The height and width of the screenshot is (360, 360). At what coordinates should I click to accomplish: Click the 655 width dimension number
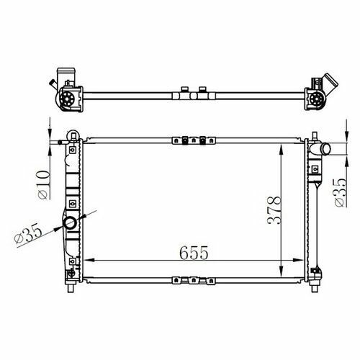tap(194, 253)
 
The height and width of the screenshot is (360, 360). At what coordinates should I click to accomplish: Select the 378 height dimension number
tap(274, 210)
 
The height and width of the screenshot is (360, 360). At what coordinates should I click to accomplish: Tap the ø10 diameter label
tap(44, 185)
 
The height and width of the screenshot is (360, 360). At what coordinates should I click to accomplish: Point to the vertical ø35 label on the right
tap(341, 192)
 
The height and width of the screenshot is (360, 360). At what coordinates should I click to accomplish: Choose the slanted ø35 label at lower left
tap(28, 233)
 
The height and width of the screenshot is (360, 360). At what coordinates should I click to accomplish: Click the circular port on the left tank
tap(70, 223)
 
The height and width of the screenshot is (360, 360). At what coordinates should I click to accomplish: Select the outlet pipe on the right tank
tap(320, 149)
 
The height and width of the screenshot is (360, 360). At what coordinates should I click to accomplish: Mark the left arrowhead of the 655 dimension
tap(89, 260)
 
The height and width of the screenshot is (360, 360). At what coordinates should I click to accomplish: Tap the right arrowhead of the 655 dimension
tap(299, 260)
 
